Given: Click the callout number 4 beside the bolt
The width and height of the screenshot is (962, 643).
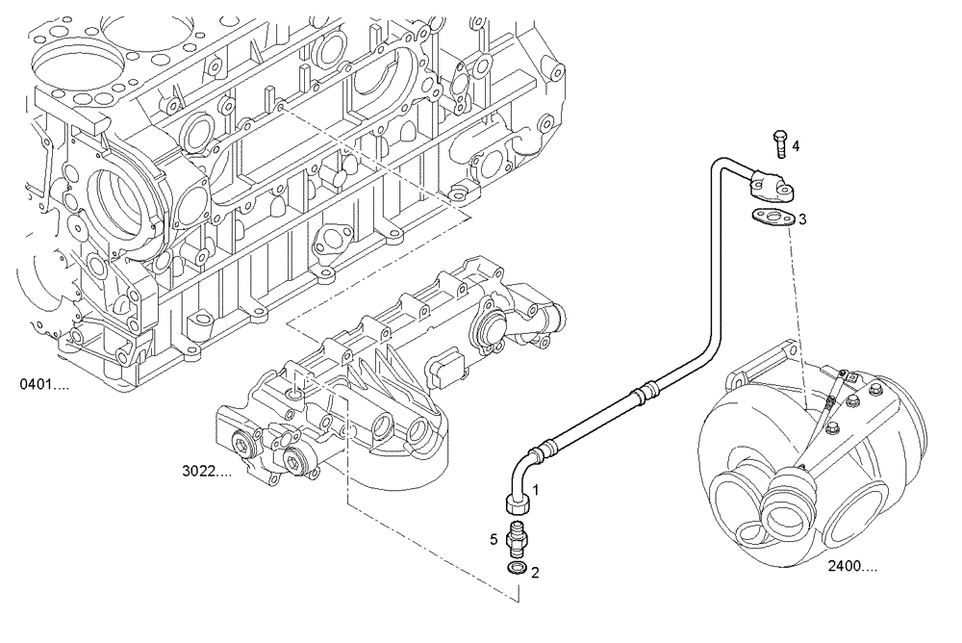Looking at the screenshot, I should click(x=796, y=146).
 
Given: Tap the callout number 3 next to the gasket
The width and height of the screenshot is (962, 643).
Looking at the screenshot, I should click(x=801, y=219).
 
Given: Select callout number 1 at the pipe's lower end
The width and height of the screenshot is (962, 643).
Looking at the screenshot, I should click(x=537, y=489).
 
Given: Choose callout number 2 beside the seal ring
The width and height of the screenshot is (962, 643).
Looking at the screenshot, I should click(x=535, y=572).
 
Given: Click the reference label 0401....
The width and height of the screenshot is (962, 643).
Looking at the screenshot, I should click(x=44, y=386).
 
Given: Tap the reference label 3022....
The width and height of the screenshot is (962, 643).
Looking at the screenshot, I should click(x=207, y=471).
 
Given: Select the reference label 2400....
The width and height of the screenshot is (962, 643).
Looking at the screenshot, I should click(x=851, y=567).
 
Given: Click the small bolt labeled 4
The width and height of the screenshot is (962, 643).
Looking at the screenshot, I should click(x=778, y=143).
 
